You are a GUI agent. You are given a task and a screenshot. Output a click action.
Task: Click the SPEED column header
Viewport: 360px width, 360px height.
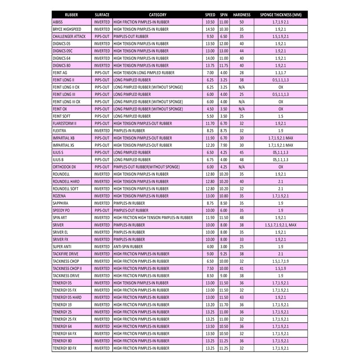pos(210,15)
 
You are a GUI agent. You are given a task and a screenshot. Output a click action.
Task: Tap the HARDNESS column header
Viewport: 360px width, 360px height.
pos(241,15)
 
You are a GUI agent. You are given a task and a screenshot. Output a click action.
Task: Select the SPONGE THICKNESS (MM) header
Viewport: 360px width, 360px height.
pos(281,15)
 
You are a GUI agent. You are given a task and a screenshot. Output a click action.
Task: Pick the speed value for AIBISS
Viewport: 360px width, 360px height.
pos(210,22)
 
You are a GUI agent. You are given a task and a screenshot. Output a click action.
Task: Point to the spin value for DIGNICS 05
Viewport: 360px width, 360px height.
pos(224,44)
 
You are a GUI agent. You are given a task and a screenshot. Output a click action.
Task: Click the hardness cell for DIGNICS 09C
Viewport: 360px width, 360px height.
pos(241,51)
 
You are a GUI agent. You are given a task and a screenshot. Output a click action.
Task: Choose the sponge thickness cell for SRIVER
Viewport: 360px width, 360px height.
pos(281,225)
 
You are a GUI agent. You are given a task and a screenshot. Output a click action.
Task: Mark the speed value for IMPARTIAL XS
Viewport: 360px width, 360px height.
pos(210,145)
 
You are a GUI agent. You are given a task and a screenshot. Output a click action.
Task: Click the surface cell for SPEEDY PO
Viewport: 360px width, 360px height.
pos(102,210)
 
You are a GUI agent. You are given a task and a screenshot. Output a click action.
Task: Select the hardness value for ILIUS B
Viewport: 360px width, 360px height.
pos(241,159)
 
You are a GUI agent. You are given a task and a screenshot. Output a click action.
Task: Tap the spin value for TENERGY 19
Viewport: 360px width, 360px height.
pos(224,304)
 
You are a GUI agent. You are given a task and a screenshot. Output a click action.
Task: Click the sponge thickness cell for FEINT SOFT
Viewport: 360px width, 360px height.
pos(281,116)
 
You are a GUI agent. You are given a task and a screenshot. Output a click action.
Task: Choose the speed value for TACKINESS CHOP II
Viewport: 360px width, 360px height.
pos(210,268)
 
